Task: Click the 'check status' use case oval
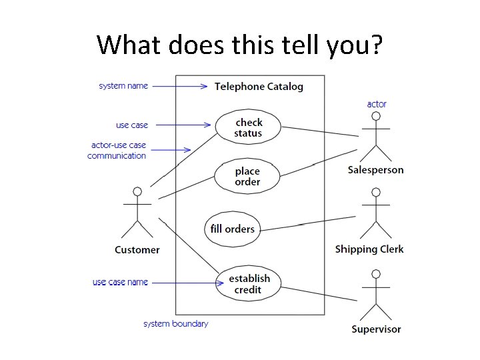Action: click(x=248, y=127)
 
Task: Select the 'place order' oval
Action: click(x=247, y=176)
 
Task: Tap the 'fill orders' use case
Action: click(x=232, y=229)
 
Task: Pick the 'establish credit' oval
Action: click(x=249, y=284)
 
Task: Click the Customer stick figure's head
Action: click(x=137, y=192)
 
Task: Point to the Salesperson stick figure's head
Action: click(x=376, y=116)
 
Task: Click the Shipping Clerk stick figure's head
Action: click(x=376, y=192)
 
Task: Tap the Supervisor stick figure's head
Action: click(x=376, y=274)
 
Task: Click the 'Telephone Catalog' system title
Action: click(x=259, y=87)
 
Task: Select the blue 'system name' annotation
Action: click(x=123, y=86)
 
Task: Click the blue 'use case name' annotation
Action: click(x=120, y=282)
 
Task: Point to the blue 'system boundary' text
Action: click(x=176, y=324)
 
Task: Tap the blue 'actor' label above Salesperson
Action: click(x=377, y=104)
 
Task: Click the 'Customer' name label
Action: click(x=137, y=250)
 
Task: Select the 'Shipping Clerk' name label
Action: click(x=369, y=249)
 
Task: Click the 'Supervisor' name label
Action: click(x=376, y=329)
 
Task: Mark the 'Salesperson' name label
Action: click(x=375, y=170)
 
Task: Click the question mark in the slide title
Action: click(x=375, y=45)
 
